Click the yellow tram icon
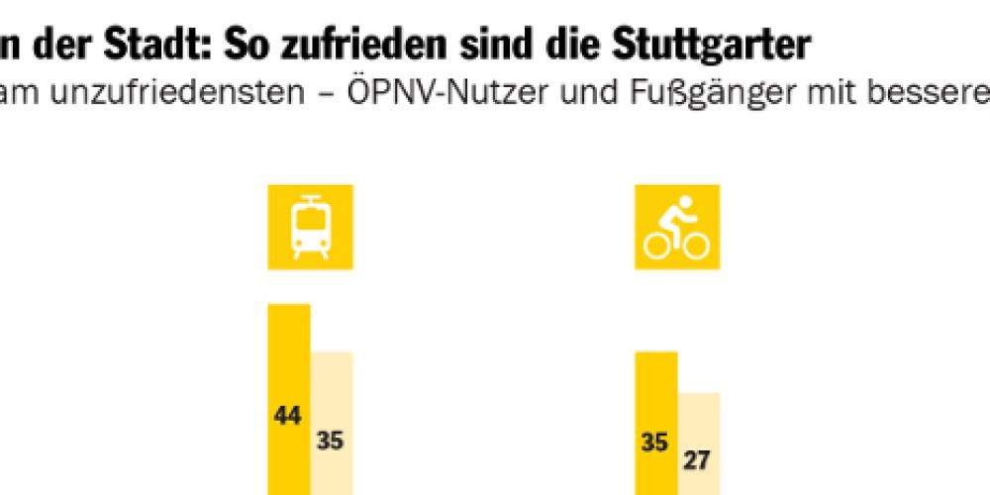click(x=310, y=227)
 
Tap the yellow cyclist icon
click(x=676, y=227)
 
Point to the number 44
click(x=288, y=415)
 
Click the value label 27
click(x=698, y=458)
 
